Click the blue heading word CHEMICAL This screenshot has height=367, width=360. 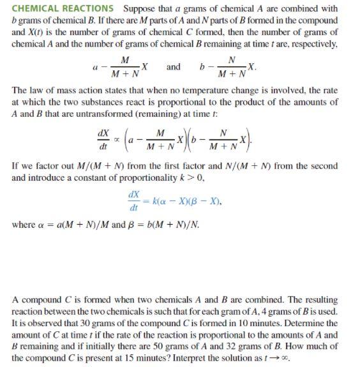pos(36,9)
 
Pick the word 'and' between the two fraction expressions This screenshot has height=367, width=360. pos(173,67)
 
